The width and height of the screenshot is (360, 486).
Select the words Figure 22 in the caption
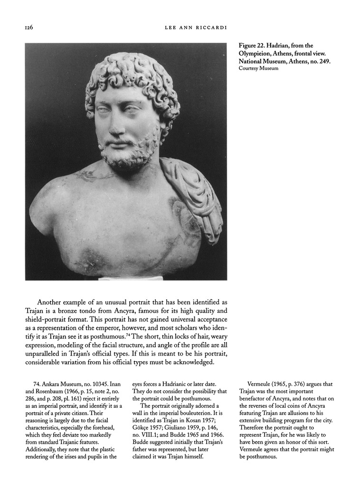[252, 46]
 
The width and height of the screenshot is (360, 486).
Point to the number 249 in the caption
[322, 61]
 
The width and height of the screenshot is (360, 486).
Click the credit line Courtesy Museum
[258, 68]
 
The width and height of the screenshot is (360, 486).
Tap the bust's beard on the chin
[124, 157]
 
